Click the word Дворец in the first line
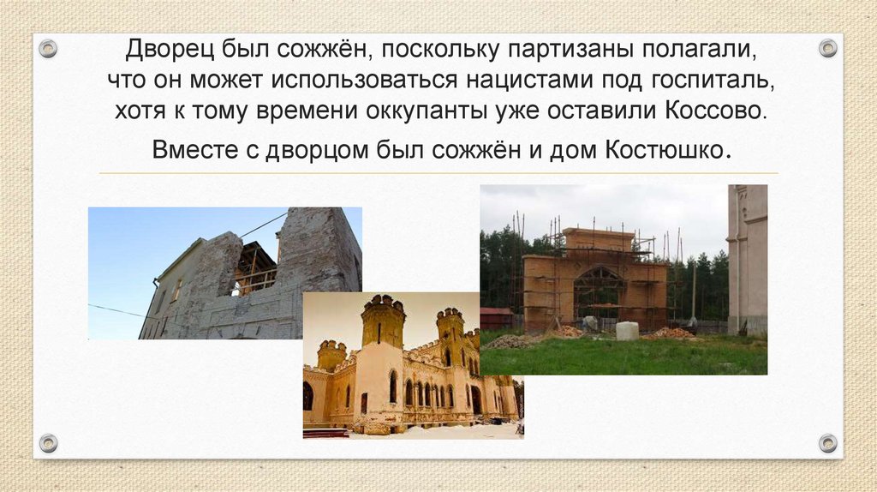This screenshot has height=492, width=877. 164,50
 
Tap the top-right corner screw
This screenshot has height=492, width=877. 828,48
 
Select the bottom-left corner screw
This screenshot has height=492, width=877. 49,443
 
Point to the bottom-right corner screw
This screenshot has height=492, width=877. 828,443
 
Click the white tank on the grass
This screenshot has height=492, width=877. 627,330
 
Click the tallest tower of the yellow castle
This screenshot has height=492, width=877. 382,321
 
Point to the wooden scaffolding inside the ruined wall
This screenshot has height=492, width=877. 254,269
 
